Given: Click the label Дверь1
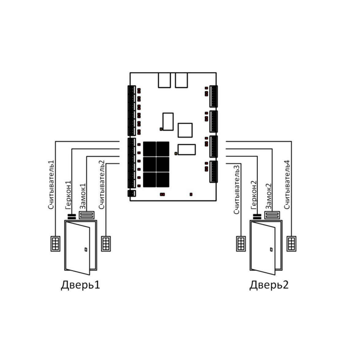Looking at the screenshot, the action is tap(81, 285).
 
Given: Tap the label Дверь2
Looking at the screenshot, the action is tap(269, 285).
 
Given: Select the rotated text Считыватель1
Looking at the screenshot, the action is tap(51, 184).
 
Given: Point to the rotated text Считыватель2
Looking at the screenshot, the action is tap(101, 184).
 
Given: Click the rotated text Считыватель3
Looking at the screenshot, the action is tap(237, 190).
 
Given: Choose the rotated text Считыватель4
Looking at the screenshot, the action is tap(287, 184).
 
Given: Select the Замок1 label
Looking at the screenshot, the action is tap(83, 196).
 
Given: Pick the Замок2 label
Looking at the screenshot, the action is tap(268, 196).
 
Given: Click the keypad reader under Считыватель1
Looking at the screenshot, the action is tap(55, 244).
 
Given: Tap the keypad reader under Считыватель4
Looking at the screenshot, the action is tap(291, 244).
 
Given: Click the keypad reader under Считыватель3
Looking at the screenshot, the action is tap(241, 244).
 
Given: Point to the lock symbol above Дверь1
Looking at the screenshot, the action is tap(87, 215).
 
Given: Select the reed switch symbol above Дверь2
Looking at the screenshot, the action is tap(257, 217).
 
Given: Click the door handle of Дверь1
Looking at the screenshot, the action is tap(86, 249).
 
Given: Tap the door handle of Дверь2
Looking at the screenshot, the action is tap(271, 249).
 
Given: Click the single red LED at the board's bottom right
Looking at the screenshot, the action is tap(191, 195).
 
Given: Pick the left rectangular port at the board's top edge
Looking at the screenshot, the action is tap(165, 80).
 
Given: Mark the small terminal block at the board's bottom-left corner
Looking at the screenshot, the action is tap(132, 193).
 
